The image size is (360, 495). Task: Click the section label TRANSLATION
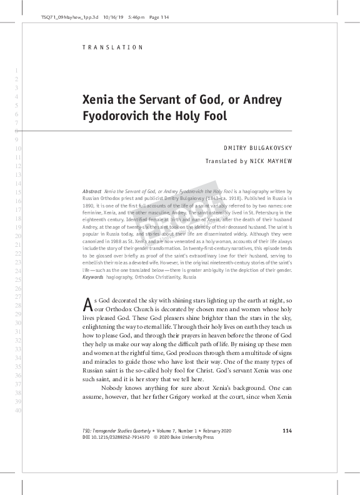click(113, 47)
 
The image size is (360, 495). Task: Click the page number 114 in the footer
click(287, 431)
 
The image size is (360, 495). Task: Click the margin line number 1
click(17, 70)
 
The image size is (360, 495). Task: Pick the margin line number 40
click(17, 410)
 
